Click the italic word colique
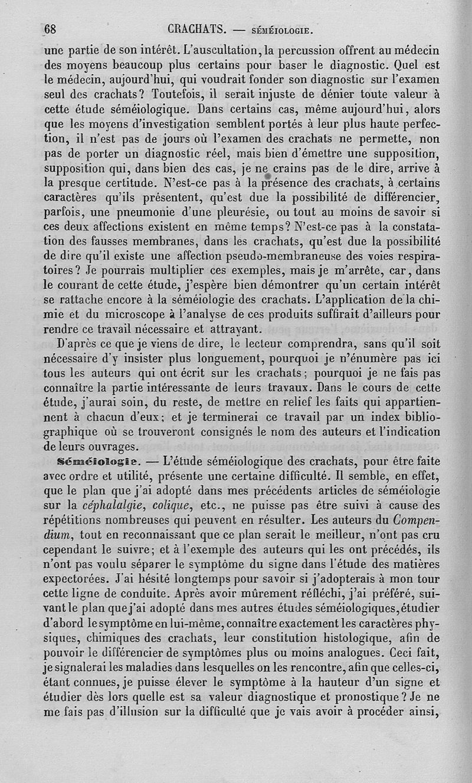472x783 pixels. click(x=172, y=505)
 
